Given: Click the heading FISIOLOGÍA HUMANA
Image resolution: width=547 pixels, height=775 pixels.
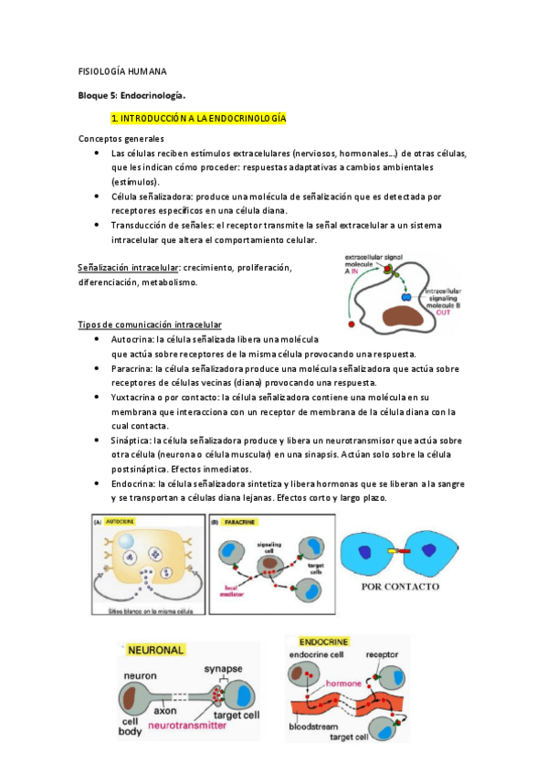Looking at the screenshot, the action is click(121, 70).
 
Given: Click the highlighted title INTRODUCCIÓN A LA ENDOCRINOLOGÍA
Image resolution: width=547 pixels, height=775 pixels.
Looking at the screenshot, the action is click(198, 119).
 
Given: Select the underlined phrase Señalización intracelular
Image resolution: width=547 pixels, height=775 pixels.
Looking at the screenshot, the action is click(128, 268).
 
